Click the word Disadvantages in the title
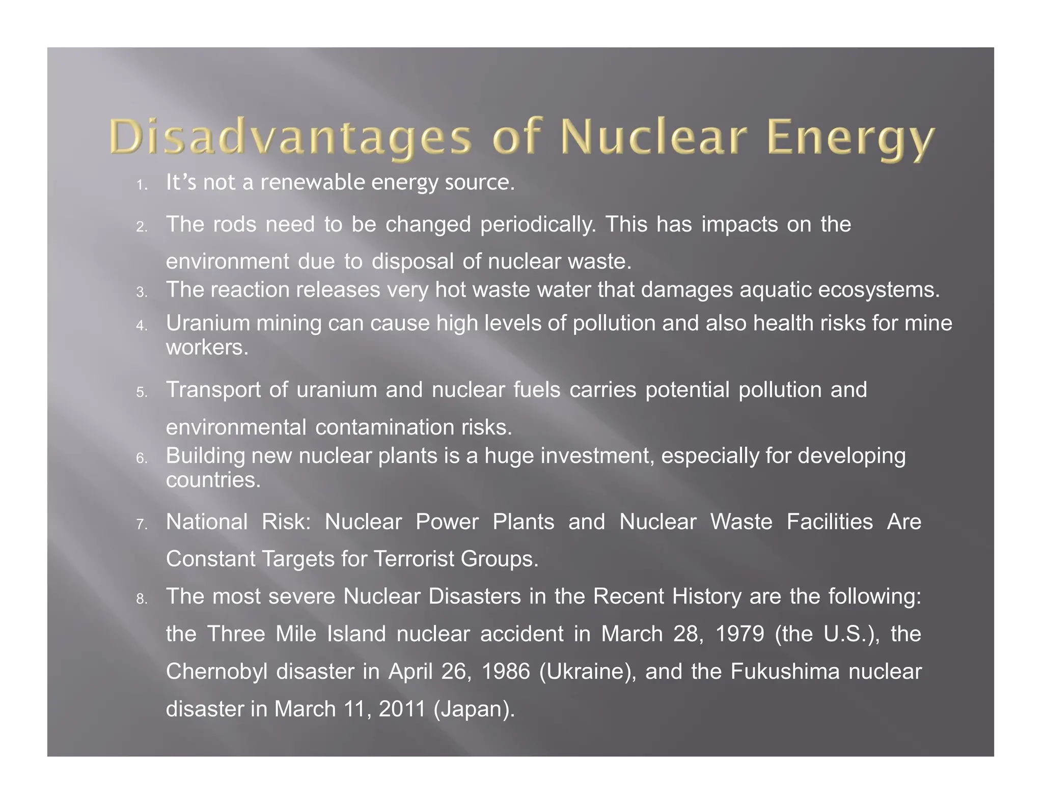pyautogui.click(x=290, y=137)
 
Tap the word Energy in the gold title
pyautogui.click(x=850, y=138)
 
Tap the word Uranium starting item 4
pyautogui.click(x=208, y=323)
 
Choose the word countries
pyautogui.click(x=213, y=480)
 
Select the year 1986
pyautogui.click(x=506, y=672)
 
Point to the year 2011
pyautogui.click(x=402, y=709)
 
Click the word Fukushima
pyautogui.click(x=785, y=672)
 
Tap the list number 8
pyautogui.click(x=142, y=599)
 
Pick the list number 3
pyautogui.click(x=142, y=293)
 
